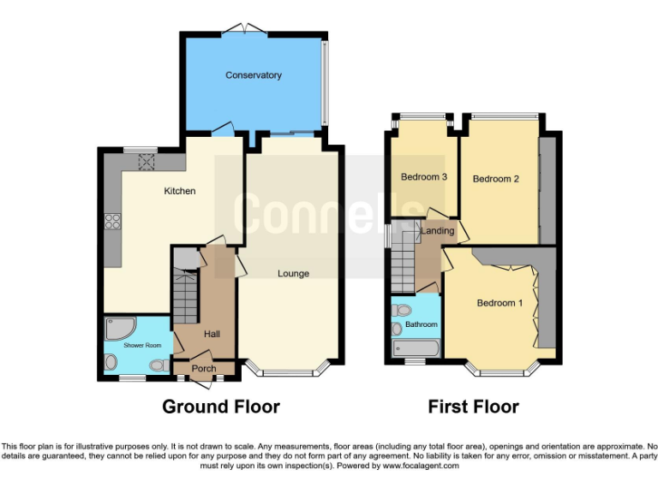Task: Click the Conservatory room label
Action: (x=254, y=75)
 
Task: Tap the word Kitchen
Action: (x=180, y=191)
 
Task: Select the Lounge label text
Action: (x=293, y=274)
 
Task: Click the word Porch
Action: (x=203, y=369)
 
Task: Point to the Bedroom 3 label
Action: (x=424, y=177)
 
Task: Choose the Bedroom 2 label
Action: (x=496, y=179)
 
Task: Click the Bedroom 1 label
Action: (x=499, y=303)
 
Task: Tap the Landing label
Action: (x=437, y=230)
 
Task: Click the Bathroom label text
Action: (x=422, y=324)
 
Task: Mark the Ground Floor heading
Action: (x=221, y=407)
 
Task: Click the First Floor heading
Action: (x=473, y=407)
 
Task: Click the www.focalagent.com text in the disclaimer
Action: (x=421, y=466)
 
